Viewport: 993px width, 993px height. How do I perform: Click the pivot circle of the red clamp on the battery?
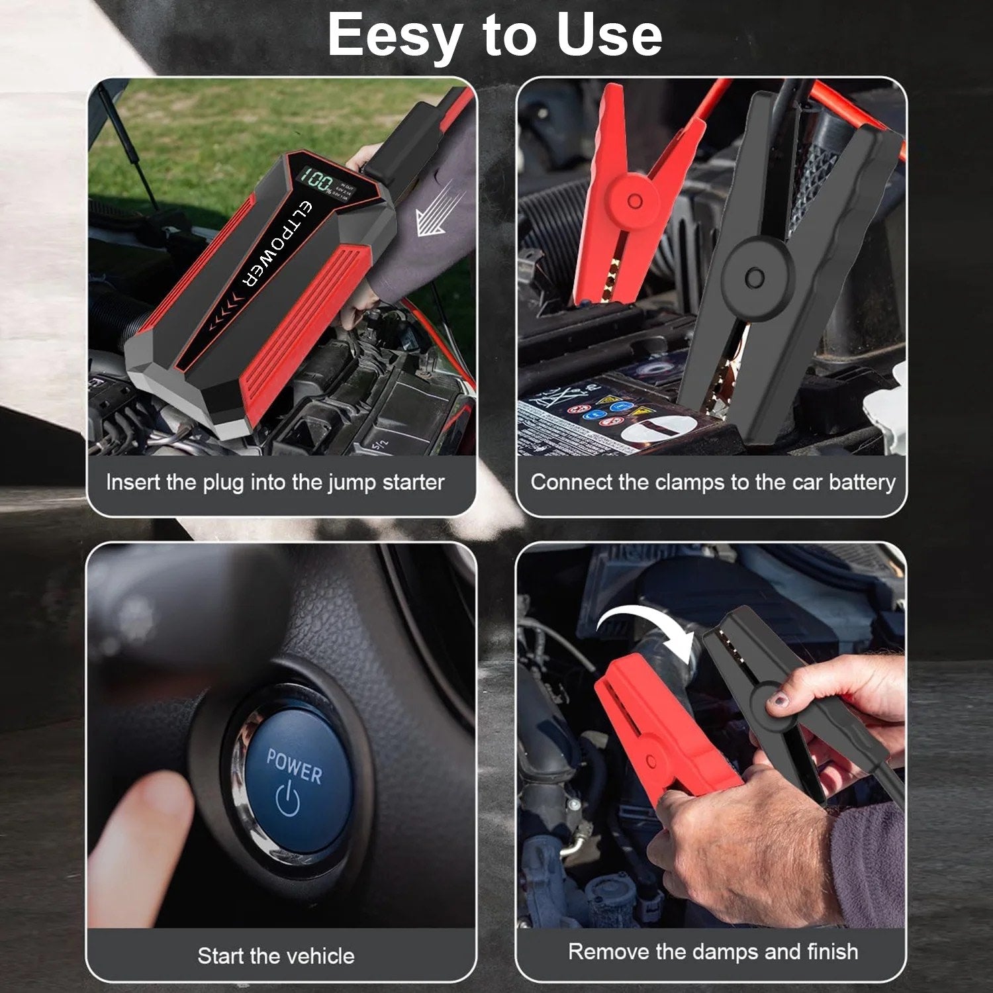pos(634,201)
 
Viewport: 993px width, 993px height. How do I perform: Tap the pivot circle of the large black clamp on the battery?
pos(756,277)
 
